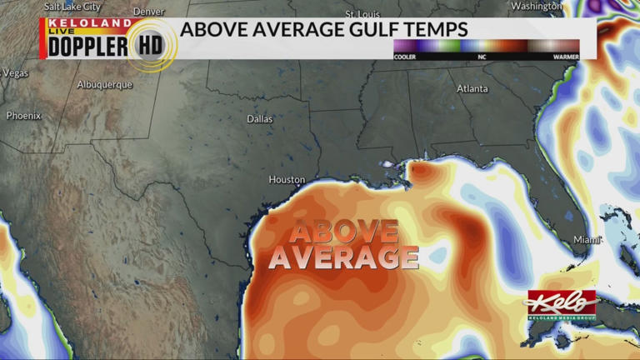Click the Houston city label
(x=287, y=179)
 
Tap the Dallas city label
(x=259, y=119)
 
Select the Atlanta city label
(x=472, y=88)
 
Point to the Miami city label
(x=587, y=240)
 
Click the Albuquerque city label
(x=104, y=84)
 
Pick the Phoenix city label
(x=23, y=116)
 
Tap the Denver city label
(x=148, y=12)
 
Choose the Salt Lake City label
(x=72, y=6)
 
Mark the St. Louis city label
(x=362, y=14)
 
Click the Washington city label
(x=537, y=6)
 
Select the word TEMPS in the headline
(x=438, y=30)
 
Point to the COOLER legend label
(x=405, y=57)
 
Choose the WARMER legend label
(x=566, y=57)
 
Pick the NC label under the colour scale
(x=482, y=57)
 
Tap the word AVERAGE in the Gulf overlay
(x=343, y=257)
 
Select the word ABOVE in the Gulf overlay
(x=343, y=231)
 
